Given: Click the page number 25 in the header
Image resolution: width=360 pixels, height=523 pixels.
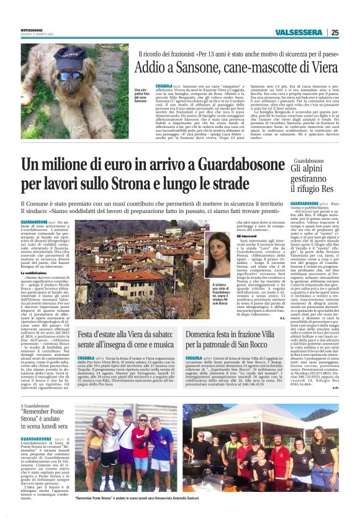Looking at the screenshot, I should coord(335,33).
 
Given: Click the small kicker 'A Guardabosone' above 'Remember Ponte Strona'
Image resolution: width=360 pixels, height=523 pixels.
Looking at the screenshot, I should coord(35,406).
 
